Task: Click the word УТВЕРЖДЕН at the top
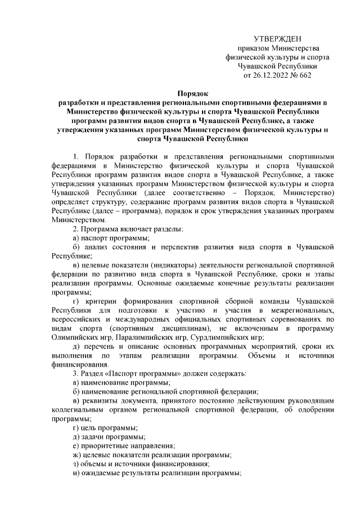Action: [277, 39]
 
